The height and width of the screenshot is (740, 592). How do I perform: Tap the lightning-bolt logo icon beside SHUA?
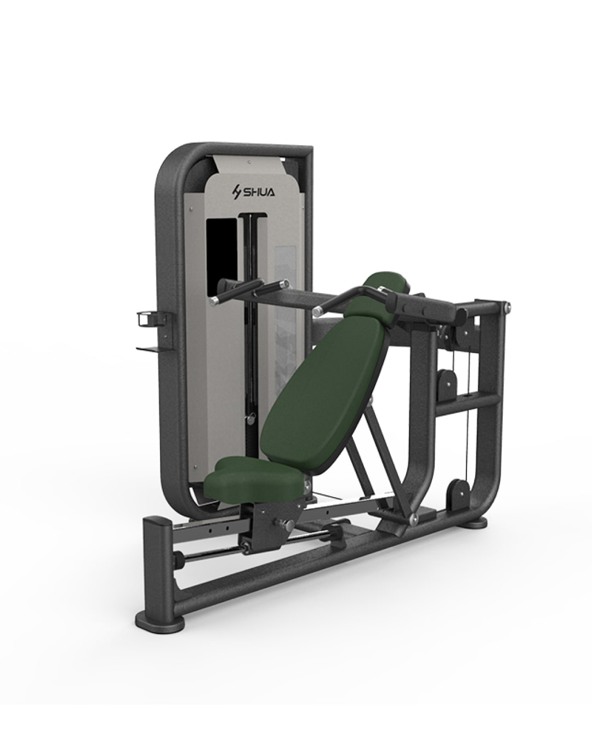237,192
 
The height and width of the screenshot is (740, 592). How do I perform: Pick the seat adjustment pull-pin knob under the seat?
286,523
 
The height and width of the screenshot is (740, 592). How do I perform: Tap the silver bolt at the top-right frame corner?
509,306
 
